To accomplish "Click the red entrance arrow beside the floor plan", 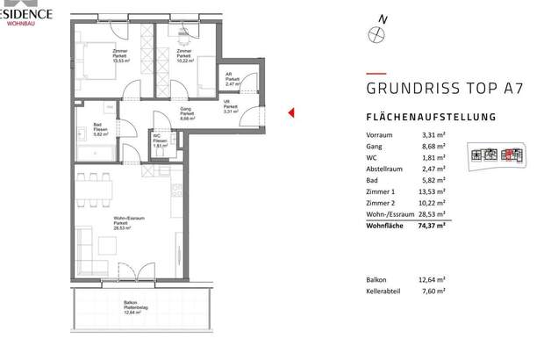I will [290, 112].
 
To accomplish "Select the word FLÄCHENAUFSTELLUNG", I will [431, 117].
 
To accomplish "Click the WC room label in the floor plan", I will [158, 139].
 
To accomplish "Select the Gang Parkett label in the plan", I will [186, 113].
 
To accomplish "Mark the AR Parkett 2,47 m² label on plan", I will [232, 79].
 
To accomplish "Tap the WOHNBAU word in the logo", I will [20, 24].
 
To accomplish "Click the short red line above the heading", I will [376, 72].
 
